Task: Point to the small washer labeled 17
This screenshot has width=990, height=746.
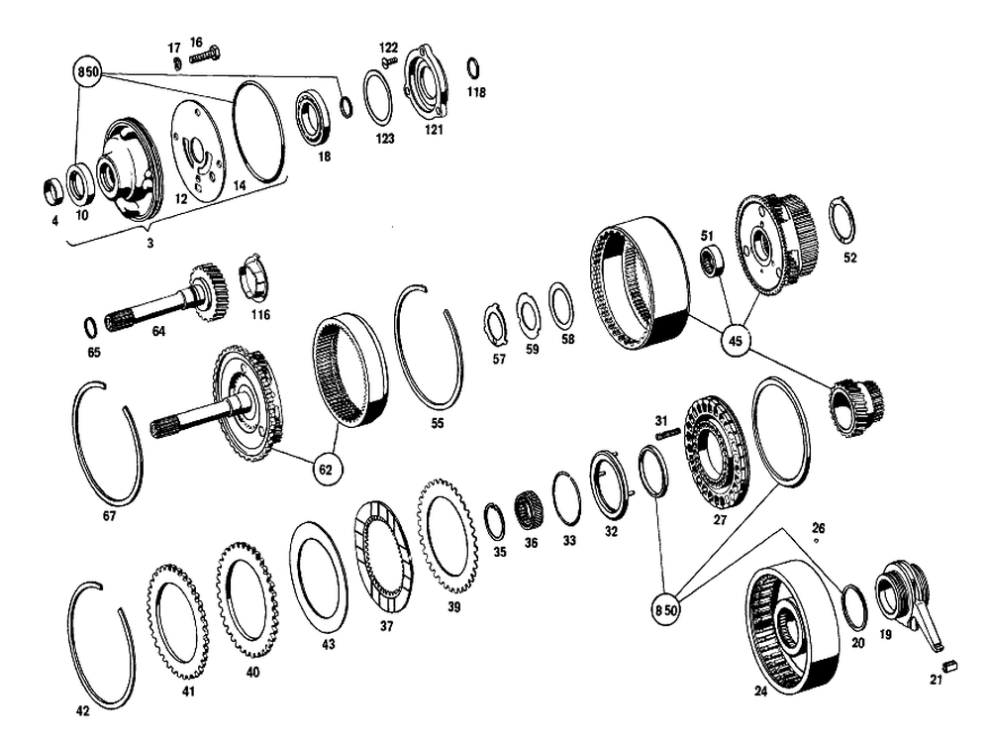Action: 174,63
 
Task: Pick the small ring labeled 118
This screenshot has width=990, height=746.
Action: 474,67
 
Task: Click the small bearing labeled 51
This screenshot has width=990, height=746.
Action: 709,261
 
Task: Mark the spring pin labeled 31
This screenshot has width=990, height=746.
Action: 665,432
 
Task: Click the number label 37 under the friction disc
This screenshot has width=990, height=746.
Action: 385,625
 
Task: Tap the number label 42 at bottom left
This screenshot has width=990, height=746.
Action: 83,710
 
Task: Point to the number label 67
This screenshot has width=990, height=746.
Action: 109,515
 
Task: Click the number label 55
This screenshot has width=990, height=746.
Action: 438,423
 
